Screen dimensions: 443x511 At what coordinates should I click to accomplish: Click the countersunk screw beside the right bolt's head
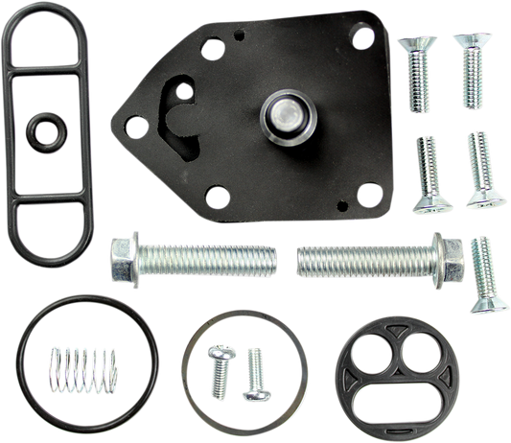point(483,273)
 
